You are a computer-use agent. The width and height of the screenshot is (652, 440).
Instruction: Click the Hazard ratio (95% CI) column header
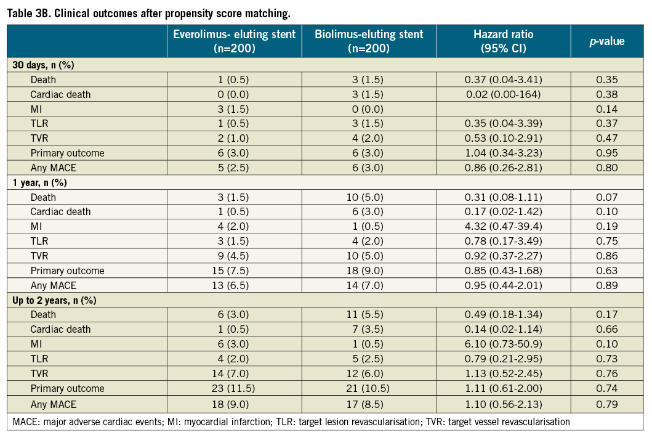503,41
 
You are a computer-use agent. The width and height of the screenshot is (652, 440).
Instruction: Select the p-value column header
607,41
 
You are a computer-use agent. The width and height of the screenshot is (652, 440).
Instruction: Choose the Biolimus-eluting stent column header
369,41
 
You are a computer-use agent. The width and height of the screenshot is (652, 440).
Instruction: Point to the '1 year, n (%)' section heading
38,182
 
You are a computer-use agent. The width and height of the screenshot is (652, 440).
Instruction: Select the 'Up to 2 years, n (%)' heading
50,300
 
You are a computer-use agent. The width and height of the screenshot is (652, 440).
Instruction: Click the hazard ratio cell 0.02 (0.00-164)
503,94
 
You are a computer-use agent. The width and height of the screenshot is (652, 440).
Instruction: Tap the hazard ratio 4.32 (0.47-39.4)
503,226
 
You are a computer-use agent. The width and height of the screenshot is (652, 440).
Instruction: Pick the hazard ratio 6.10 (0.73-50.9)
503,344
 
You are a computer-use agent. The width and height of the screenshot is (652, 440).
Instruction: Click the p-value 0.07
607,197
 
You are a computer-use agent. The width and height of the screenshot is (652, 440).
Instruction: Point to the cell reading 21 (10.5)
369,388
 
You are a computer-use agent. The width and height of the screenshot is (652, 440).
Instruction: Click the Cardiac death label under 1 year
60,211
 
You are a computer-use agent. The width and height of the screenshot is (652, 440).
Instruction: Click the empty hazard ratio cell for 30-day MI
503,109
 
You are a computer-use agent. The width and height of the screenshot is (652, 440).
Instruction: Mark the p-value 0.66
607,329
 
